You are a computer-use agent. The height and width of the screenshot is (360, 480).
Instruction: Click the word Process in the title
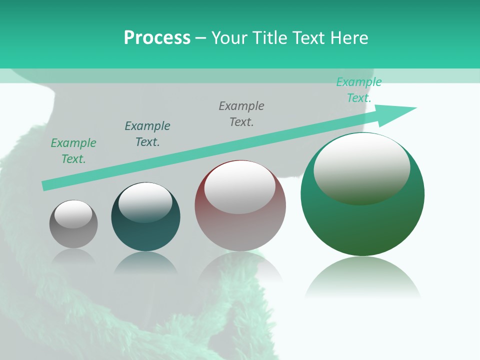click(x=157, y=38)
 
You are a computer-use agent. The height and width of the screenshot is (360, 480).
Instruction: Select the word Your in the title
click(x=231, y=38)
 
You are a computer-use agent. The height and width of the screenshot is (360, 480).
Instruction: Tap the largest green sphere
click(x=362, y=220)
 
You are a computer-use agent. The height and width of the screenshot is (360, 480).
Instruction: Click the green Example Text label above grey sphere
click(x=73, y=150)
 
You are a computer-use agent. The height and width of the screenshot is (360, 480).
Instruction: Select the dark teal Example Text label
click(x=147, y=133)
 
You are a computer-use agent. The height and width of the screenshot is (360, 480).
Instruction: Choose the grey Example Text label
click(x=241, y=113)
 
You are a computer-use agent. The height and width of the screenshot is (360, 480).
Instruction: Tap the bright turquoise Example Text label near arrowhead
click(x=359, y=90)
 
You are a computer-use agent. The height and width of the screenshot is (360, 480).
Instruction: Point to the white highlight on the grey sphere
click(x=73, y=213)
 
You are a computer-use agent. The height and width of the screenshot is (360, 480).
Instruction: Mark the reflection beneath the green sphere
click(x=362, y=277)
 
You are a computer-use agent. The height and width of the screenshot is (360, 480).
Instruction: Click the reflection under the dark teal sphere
click(x=145, y=262)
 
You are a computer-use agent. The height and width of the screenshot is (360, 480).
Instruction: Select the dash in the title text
click(x=201, y=38)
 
